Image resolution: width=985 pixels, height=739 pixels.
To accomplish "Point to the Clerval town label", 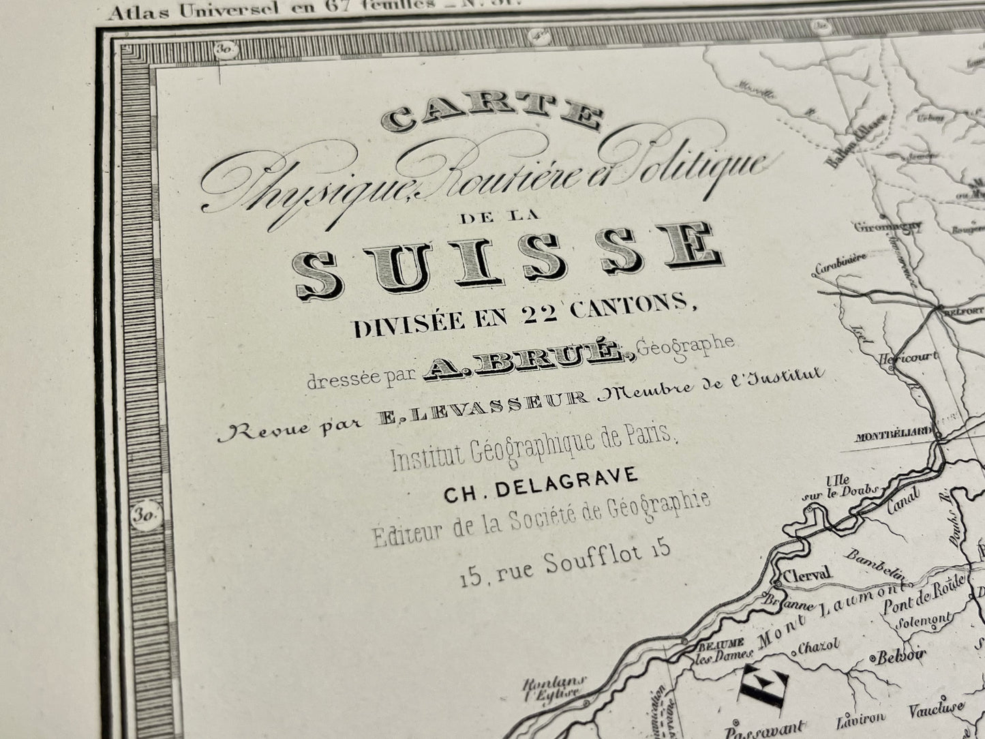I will pyautogui.click(x=807, y=573).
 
